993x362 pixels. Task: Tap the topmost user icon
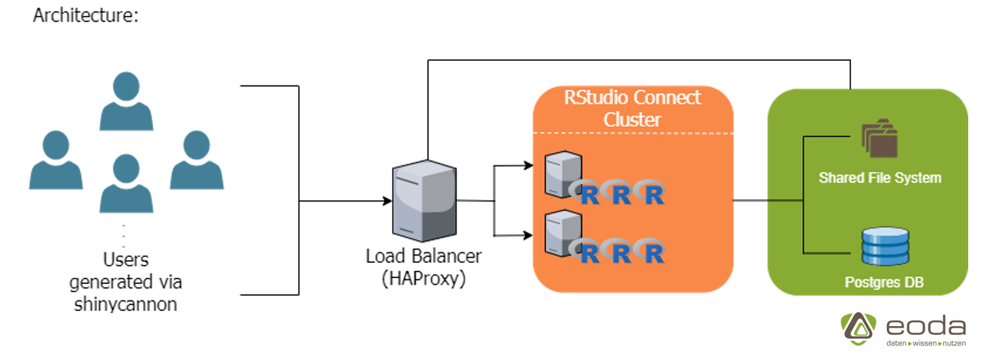[126, 101]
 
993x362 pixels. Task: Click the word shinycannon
[125, 304]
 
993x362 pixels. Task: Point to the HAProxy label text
[424, 279]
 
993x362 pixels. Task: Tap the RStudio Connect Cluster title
[632, 108]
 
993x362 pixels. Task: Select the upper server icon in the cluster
[564, 173]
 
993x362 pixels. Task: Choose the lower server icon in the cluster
[564, 233]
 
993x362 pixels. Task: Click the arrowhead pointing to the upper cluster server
[527, 165]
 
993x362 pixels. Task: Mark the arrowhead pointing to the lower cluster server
[527, 236]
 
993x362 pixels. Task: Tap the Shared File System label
[880, 179]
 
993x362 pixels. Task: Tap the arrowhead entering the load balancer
[387, 201]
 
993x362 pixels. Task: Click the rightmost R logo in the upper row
[653, 194]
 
